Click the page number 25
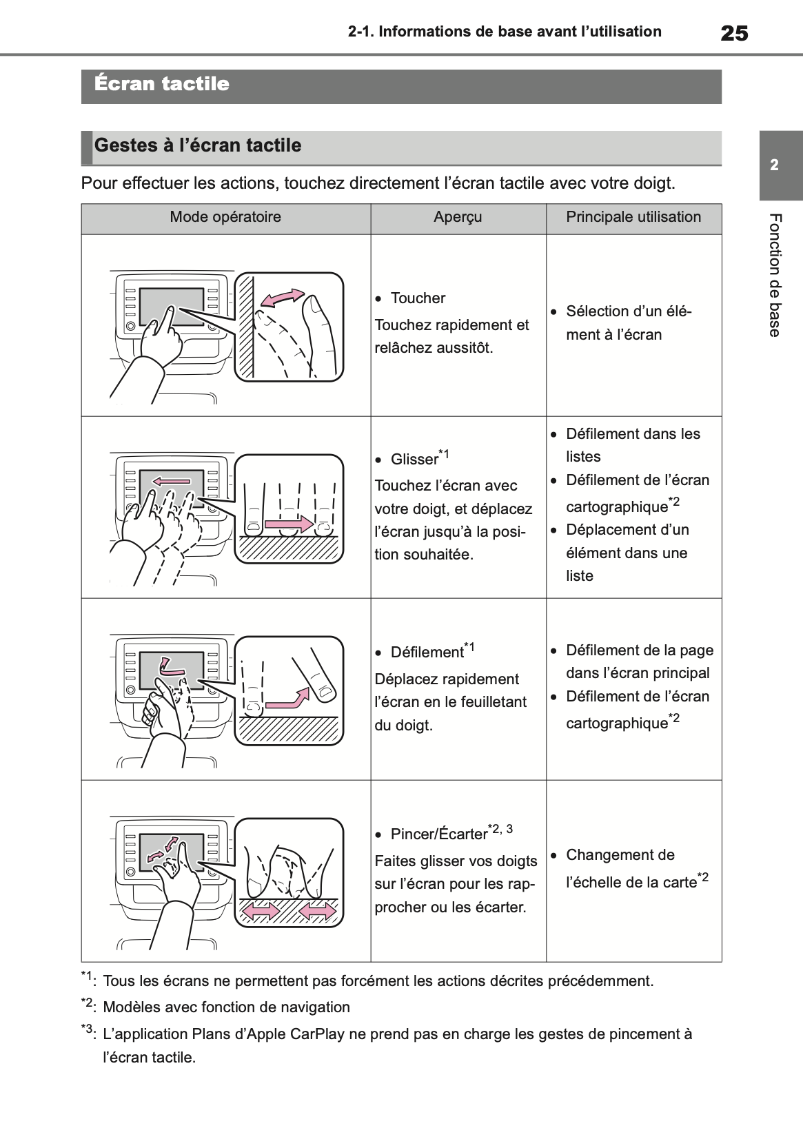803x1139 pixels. click(733, 33)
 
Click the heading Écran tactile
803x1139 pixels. click(162, 84)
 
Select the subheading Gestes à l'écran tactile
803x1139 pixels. click(198, 145)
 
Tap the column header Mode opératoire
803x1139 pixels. click(225, 217)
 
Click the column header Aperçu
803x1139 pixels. click(458, 217)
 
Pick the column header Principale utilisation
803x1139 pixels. click(633, 217)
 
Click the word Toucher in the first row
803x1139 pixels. click(418, 298)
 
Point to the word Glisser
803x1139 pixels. click(414, 460)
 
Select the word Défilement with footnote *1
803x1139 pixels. click(427, 653)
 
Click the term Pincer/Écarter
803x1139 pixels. click(438, 834)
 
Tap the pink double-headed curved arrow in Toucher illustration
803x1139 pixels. click(282, 297)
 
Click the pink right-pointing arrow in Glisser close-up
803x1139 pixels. click(289, 525)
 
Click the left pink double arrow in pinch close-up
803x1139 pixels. click(257, 912)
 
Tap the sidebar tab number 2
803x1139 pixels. click(775, 165)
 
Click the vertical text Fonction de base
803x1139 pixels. click(775, 276)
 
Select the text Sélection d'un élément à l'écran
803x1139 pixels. click(627, 323)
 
